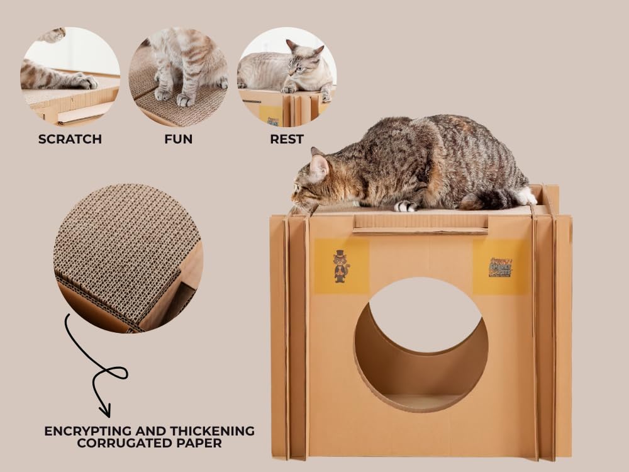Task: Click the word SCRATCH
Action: (x=70, y=139)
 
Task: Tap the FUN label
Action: (x=179, y=139)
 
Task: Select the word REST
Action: (x=287, y=139)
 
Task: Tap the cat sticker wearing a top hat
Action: (x=341, y=266)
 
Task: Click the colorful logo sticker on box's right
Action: (x=500, y=267)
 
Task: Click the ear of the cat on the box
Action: (x=318, y=166)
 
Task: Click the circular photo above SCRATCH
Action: (x=70, y=76)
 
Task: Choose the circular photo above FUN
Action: (x=179, y=76)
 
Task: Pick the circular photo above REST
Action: (x=287, y=76)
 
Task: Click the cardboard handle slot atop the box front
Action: (x=420, y=223)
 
